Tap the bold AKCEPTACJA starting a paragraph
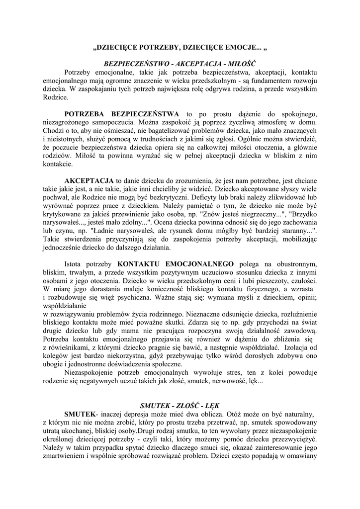89,180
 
